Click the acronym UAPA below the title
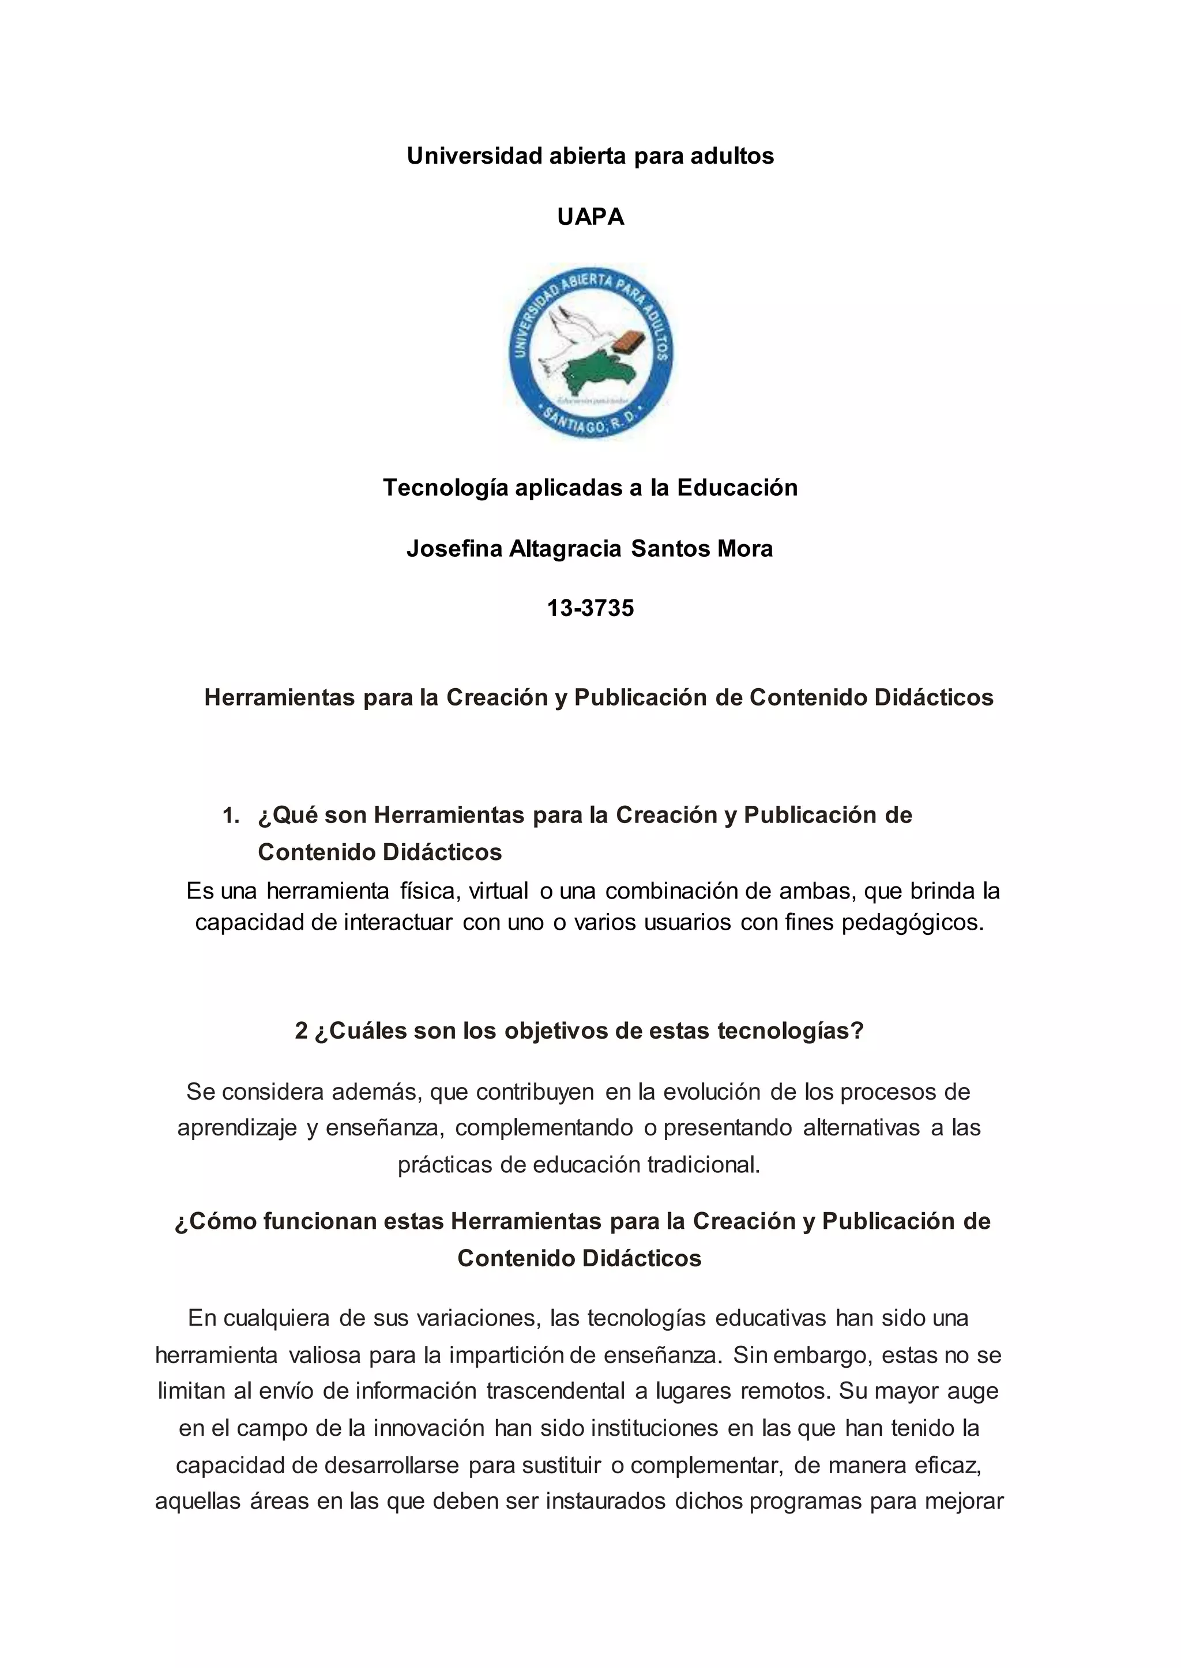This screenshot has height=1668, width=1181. pyautogui.click(x=590, y=217)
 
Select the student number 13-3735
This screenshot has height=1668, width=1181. pyautogui.click(x=590, y=607)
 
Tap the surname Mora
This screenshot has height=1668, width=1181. pyautogui.click(x=744, y=548)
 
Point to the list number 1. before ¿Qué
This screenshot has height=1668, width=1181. pyautogui.click(x=231, y=816)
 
